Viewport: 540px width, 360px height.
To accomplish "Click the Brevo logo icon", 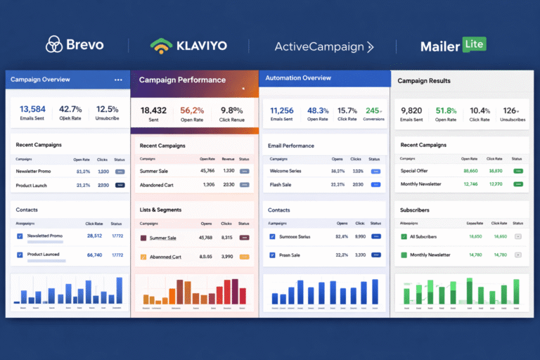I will (53, 45).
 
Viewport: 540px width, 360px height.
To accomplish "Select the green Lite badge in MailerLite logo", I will (474, 44).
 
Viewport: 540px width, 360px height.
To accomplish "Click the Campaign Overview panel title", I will (40, 79).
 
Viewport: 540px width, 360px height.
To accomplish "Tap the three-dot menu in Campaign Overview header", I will (118, 79).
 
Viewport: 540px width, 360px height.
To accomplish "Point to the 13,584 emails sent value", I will (32, 109).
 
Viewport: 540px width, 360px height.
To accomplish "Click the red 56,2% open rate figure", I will (192, 110).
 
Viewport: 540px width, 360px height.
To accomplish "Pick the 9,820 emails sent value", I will (411, 110).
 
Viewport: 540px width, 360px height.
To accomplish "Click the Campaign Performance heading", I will (182, 80).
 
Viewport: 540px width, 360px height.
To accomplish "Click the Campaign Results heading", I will (424, 81).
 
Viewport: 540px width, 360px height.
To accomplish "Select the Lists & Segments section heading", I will (160, 210).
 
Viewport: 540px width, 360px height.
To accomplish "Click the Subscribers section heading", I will (415, 210).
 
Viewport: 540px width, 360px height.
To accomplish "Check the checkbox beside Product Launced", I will (20, 255).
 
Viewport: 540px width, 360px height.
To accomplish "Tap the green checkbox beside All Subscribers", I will (404, 236).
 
